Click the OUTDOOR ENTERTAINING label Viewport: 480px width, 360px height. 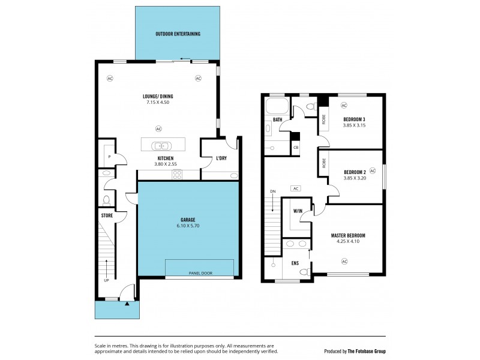click(178, 34)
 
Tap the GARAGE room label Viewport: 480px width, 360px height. click(187, 220)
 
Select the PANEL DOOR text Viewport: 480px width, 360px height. click(200, 274)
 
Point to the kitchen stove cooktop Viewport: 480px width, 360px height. click(178, 174)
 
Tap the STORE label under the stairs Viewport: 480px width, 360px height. click(107, 215)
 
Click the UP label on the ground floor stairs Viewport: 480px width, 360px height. click(106, 280)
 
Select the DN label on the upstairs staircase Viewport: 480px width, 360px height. click(272, 191)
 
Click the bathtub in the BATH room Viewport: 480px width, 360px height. click(277, 108)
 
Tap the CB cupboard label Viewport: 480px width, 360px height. click(296, 147)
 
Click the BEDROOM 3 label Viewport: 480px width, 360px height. click(354, 119)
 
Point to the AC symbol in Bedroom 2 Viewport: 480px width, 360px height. click(373, 170)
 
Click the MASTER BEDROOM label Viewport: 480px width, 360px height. click(348, 235)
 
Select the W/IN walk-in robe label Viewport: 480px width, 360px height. click(298, 211)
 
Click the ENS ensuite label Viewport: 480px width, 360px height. click(295, 263)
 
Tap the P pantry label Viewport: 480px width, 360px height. click(109, 157)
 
